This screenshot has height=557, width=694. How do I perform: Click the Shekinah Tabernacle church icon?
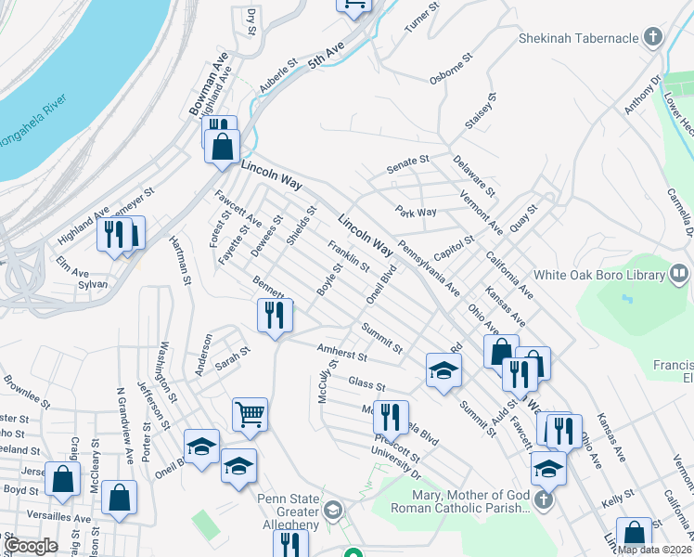(x=654, y=38)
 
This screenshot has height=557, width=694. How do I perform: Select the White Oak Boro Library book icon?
(x=679, y=275)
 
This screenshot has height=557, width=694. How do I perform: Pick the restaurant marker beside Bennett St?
(x=275, y=315)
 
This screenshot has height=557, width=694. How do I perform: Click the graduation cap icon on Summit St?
(x=443, y=369)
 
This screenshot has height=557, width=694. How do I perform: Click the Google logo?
(x=31, y=546)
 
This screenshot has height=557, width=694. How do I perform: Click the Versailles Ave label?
(x=58, y=518)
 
